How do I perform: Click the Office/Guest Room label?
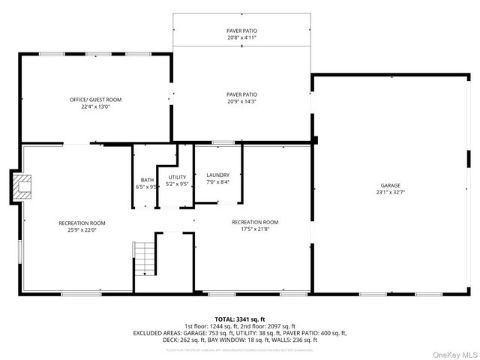[x=95, y=100]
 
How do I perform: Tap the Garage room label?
[x=390, y=185]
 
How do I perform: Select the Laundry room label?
[x=218, y=175]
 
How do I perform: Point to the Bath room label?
[x=146, y=180]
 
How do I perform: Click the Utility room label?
[x=177, y=177]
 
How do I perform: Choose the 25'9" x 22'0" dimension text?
[x=82, y=230]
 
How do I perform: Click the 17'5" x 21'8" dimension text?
[x=255, y=229]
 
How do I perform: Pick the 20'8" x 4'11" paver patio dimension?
[x=241, y=37]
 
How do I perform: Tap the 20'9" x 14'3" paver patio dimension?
[x=241, y=101]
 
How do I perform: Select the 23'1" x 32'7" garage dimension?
[x=390, y=193]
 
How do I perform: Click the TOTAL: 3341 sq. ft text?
[x=240, y=319]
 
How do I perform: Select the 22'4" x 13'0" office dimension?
[x=95, y=106]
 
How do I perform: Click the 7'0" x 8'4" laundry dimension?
[x=218, y=181]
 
